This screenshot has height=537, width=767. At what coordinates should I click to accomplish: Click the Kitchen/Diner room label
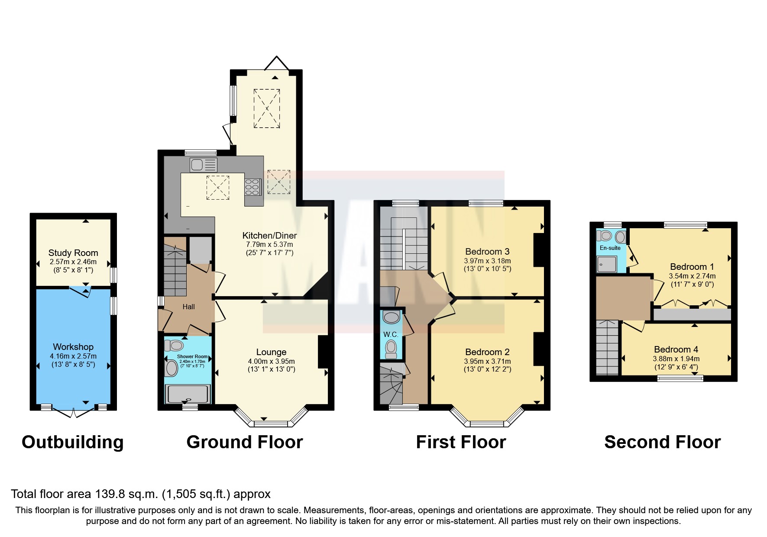tap(269, 236)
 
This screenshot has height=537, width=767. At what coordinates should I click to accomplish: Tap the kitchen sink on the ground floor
tap(203, 165)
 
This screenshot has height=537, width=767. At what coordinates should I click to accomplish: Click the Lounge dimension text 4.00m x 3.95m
tap(271, 361)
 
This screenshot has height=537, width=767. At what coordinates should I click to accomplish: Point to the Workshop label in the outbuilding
tap(73, 347)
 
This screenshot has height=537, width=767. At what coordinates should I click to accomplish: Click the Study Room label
tap(73, 253)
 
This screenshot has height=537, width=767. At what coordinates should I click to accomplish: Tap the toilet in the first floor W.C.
tap(391, 348)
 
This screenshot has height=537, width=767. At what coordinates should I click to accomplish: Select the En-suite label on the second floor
tap(610, 248)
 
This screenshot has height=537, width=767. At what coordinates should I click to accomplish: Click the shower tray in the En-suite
tap(606, 264)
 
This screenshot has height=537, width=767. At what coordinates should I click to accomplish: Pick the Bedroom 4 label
tap(676, 349)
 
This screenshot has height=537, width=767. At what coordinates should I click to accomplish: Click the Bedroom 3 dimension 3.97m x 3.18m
tap(487, 261)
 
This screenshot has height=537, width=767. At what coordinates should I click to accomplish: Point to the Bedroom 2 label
tap(487, 352)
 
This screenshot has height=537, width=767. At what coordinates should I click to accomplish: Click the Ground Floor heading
tap(245, 442)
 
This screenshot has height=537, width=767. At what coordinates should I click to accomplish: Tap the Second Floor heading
tap(662, 442)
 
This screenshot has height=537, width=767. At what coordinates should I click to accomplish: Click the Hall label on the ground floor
tap(188, 307)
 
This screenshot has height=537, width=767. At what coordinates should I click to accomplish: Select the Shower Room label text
tap(192, 357)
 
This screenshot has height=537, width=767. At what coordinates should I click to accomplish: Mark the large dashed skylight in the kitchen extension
tap(266, 108)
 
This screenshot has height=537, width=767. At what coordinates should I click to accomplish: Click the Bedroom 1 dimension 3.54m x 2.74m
tap(692, 276)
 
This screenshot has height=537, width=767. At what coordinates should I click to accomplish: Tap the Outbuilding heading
tap(73, 442)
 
